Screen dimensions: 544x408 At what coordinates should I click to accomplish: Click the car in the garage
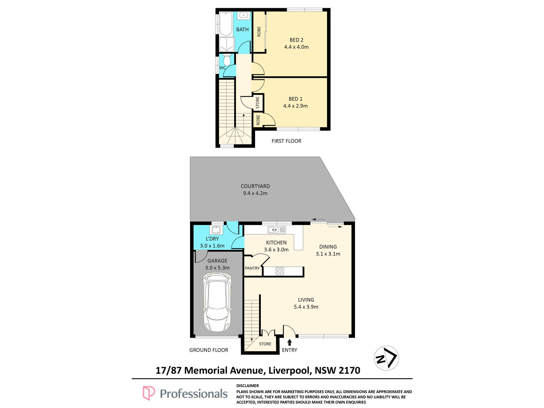[217, 302]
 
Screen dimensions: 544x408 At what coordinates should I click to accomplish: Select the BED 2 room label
[296, 40]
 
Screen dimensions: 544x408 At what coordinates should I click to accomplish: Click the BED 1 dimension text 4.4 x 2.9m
[295, 106]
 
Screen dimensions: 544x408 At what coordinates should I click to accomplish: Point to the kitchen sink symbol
[276, 230]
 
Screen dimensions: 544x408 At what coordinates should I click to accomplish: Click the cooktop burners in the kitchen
[280, 271]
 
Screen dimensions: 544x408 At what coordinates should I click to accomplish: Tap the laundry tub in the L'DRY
[216, 230]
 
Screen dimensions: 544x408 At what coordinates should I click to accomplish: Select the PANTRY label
[252, 268]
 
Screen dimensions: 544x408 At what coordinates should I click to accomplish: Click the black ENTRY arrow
[289, 342]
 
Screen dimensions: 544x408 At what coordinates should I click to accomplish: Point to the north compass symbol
[386, 358]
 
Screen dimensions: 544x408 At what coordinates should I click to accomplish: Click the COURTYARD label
[255, 186]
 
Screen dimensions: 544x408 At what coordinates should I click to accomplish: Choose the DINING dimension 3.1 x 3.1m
[328, 254]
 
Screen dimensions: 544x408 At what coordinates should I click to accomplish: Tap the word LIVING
[306, 300]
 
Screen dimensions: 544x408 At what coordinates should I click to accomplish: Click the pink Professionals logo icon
[149, 393]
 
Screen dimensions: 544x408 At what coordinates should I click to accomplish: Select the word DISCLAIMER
[247, 386]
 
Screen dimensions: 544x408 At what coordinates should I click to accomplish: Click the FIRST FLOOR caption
[286, 141]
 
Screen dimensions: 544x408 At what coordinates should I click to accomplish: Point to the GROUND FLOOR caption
[209, 350]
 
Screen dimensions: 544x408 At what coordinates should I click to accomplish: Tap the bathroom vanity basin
[244, 15]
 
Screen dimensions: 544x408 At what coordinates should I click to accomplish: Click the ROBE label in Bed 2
[259, 32]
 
